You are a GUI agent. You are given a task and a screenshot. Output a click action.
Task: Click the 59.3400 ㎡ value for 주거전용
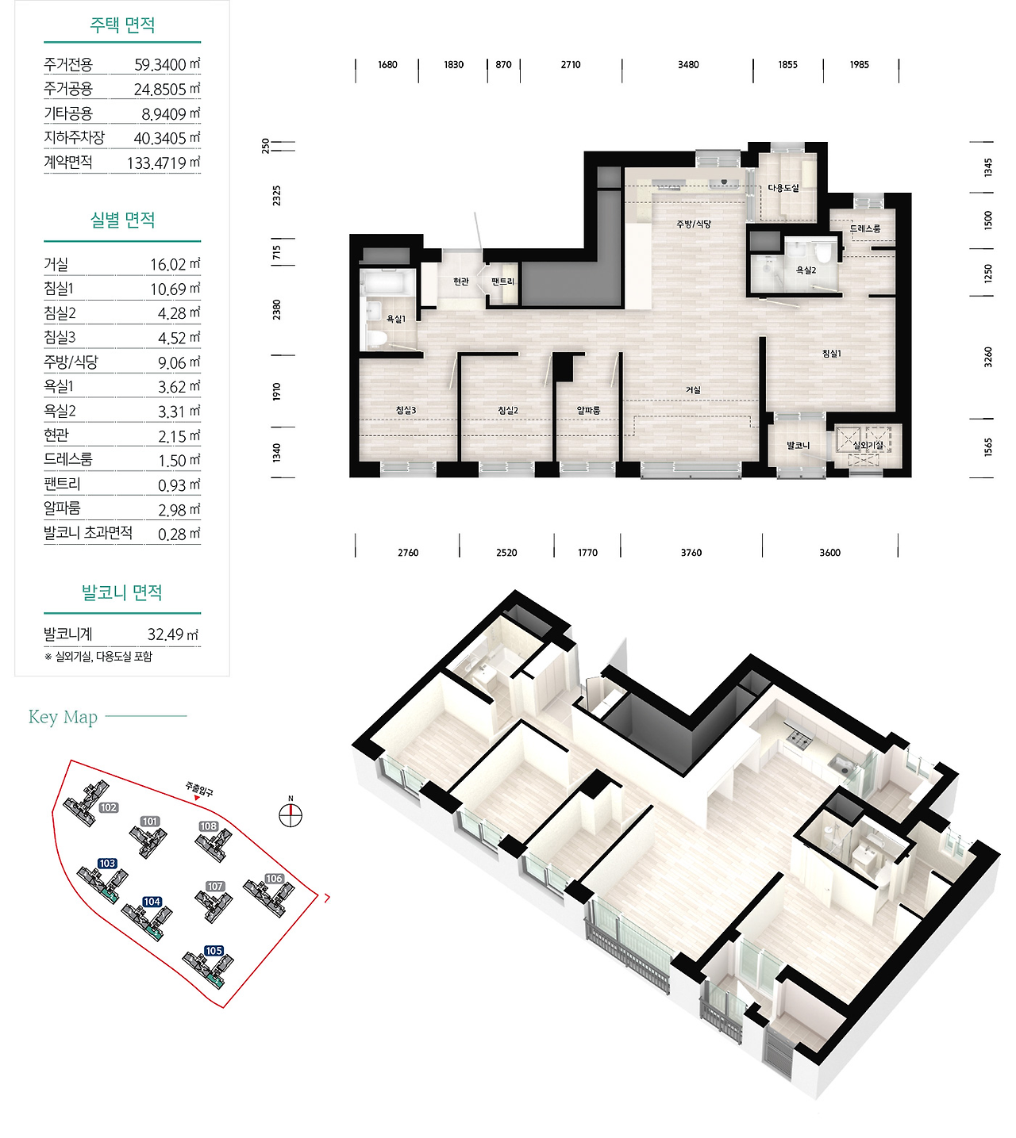167,64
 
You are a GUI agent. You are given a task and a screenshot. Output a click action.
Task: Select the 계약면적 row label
68,163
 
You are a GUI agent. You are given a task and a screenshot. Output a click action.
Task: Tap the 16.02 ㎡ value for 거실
175,265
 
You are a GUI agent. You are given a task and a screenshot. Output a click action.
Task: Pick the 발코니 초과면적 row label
88,532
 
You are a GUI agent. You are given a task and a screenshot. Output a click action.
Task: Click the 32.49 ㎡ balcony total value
172,634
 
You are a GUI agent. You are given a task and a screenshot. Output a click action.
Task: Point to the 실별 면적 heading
122,220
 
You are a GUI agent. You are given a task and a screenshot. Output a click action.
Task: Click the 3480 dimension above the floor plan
688,64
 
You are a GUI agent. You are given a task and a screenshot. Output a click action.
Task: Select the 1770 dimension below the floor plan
587,553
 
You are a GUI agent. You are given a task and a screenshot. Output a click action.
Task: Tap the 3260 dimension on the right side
988,357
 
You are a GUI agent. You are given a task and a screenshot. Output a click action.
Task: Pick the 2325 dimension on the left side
276,195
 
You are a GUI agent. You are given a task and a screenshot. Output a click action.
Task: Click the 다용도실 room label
783,188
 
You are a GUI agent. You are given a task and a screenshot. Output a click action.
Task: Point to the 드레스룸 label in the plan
864,228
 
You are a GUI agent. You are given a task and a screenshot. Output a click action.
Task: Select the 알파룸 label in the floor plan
589,411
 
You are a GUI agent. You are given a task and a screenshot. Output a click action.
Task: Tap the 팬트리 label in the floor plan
502,282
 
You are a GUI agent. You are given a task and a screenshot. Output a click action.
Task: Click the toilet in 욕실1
375,339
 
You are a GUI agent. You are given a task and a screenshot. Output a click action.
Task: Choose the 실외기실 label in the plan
868,445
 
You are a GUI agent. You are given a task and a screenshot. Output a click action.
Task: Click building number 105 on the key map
214,951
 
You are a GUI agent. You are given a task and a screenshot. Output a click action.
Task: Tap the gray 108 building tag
209,826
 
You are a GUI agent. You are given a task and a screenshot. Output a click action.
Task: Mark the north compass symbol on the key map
291,814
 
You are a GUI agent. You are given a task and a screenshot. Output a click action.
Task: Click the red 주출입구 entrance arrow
197,798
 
